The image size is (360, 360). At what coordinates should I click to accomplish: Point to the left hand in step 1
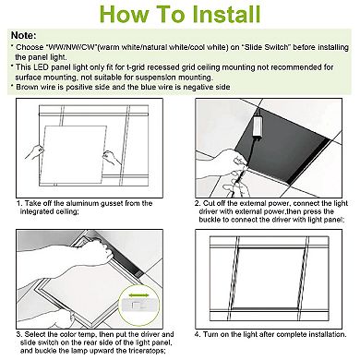tap(34, 150)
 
